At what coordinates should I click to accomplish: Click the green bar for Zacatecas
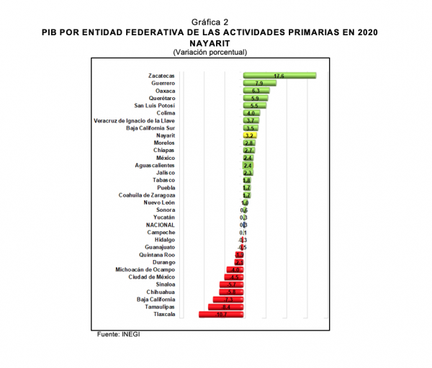point(279,75)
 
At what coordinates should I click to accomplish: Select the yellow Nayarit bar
point(251,135)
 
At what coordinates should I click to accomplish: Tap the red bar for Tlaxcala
point(221,315)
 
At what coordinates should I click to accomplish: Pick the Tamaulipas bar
point(226,307)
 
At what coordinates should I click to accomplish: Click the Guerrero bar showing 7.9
point(259,83)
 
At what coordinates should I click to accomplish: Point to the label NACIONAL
point(160,225)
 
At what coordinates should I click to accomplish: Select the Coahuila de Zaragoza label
point(147,195)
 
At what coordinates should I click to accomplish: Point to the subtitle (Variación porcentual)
point(210,52)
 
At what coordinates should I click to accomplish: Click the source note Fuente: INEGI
point(120,335)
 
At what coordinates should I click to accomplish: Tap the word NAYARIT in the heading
point(210,42)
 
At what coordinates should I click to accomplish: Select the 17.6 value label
point(279,76)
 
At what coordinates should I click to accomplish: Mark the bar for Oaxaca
point(256,91)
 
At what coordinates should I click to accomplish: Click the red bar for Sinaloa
point(231,284)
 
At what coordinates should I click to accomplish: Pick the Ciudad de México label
point(151,277)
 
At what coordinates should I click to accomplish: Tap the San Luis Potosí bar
point(255,105)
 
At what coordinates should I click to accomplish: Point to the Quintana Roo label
point(158,255)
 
